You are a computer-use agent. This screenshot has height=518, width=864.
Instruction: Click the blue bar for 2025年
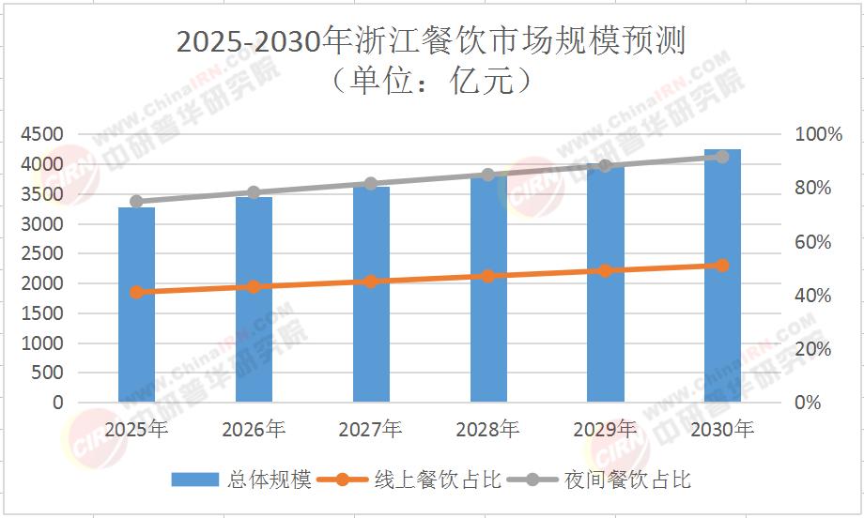click(136, 305)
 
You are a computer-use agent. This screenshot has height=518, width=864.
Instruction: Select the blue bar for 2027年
click(371, 295)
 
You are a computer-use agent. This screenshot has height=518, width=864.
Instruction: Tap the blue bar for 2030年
click(722, 276)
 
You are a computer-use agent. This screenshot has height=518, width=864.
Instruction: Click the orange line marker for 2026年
click(254, 286)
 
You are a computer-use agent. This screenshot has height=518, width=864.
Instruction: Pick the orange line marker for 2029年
click(605, 271)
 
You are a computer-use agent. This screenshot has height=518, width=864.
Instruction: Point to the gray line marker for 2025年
click(136, 202)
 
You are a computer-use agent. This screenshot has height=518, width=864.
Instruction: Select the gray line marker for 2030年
click(722, 157)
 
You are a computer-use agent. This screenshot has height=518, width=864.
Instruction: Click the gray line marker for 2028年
click(488, 175)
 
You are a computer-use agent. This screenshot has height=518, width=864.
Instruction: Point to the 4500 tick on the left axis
click(43, 135)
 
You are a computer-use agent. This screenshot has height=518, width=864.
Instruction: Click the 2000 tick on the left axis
click(43, 283)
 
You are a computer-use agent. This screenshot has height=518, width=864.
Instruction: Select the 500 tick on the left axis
click(49, 373)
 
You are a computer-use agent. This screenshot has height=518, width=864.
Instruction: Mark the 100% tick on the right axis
click(820, 135)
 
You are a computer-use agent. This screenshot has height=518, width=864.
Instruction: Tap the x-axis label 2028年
click(487, 430)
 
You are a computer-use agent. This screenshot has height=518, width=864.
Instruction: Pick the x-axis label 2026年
click(254, 430)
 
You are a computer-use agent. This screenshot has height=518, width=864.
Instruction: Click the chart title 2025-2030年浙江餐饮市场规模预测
click(432, 42)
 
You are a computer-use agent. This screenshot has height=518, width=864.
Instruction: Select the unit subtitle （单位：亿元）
click(432, 83)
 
